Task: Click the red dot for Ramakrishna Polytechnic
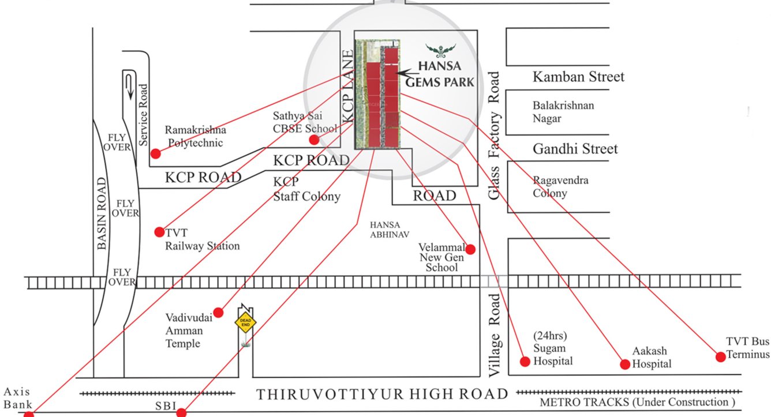(155, 153)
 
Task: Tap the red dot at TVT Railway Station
(159, 232)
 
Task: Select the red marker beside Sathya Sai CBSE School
(314, 140)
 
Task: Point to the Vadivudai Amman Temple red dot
(218, 311)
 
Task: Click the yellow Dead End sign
(245, 322)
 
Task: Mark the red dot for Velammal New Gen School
(470, 249)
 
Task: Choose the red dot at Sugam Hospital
(525, 362)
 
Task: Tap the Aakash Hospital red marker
(624, 364)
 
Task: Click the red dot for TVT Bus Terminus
(720, 356)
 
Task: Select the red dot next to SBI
(181, 412)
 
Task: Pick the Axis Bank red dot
(28, 414)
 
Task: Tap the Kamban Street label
(578, 77)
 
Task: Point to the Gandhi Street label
(575, 149)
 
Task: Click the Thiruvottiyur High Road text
(382, 395)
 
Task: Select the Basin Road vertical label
(102, 213)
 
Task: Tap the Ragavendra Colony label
(560, 187)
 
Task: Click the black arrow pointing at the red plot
(409, 73)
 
